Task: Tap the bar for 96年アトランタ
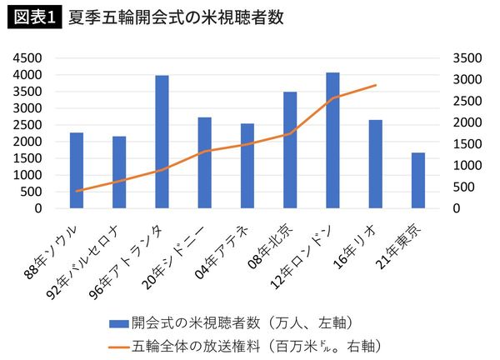point(162,142)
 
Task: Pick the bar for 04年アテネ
point(247,166)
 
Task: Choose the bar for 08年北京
point(290,150)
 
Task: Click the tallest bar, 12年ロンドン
point(332,140)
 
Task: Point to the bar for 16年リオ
point(375,163)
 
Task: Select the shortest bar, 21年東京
point(417,180)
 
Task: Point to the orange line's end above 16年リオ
point(376,85)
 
